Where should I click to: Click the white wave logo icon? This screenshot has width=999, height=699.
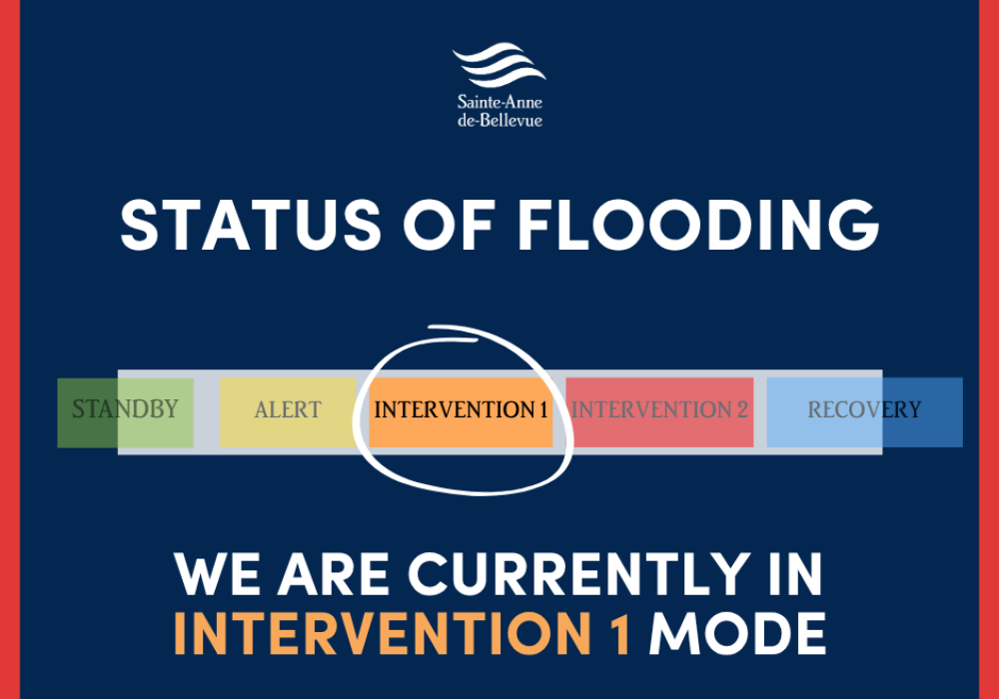tap(499, 65)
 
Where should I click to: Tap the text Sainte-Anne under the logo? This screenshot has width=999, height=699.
tap(499, 102)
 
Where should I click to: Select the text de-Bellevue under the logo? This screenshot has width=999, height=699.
tap(499, 120)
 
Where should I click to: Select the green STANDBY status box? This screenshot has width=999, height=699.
tap(125, 410)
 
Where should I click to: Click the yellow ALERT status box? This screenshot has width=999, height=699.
tap(288, 410)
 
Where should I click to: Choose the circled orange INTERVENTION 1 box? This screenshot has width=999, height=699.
tap(461, 410)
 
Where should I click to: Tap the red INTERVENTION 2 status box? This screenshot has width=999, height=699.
tap(659, 410)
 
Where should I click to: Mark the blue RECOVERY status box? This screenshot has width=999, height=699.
tap(864, 410)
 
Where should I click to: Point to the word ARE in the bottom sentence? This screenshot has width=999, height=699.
tap(333, 575)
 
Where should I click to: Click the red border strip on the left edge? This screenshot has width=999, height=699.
tap(10, 349)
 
